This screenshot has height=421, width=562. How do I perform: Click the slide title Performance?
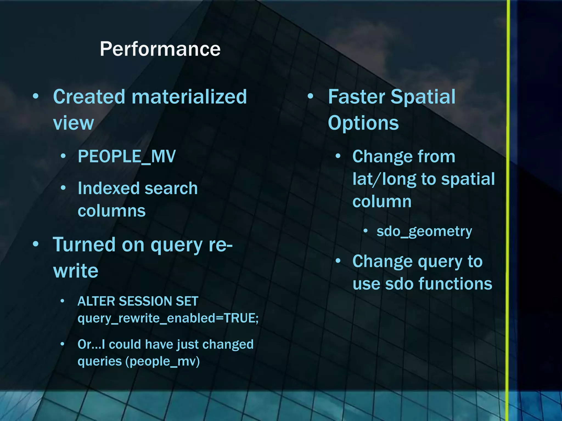[160, 49]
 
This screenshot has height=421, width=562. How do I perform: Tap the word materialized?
[189, 97]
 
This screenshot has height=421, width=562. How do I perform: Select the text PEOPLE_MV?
[127, 157]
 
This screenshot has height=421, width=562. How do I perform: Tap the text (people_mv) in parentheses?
[162, 362]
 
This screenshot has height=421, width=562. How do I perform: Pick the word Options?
[363, 123]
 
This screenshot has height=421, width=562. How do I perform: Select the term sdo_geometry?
[424, 232]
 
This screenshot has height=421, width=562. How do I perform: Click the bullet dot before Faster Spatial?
[310, 96]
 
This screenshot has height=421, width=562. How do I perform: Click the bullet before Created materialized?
[35, 96]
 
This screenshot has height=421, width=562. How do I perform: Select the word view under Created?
[73, 123]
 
